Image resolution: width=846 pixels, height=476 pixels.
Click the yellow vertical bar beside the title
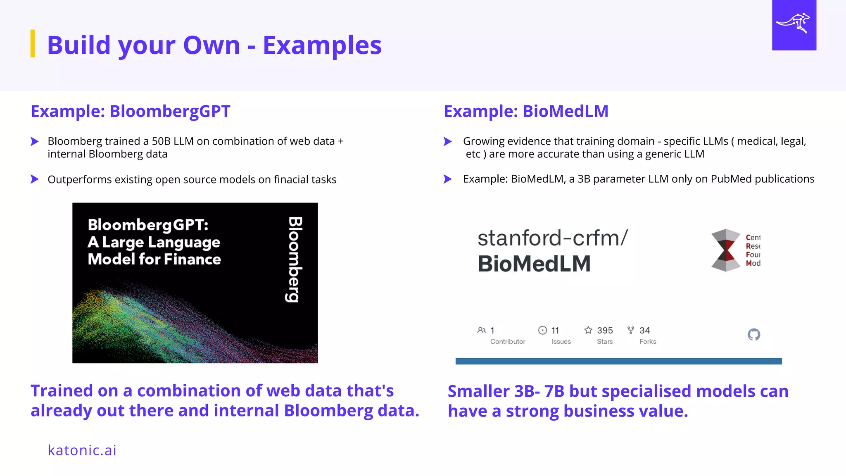click(x=33, y=43)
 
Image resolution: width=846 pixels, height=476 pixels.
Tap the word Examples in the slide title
click(x=322, y=45)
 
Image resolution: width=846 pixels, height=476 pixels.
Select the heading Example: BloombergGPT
click(x=131, y=112)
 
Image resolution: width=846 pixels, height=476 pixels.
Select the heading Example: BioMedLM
click(x=526, y=112)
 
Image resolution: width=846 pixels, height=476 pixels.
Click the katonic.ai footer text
click(x=82, y=450)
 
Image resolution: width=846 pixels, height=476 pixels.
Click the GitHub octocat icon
click(x=754, y=334)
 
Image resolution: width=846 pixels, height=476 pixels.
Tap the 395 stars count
click(x=605, y=331)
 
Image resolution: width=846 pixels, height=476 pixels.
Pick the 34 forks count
click(x=644, y=331)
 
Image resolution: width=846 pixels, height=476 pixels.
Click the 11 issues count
click(x=555, y=331)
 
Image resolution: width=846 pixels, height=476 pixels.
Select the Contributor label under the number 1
click(x=508, y=342)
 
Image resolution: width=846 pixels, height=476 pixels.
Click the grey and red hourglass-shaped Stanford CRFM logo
click(x=726, y=250)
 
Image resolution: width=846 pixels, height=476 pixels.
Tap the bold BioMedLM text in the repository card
click(x=534, y=264)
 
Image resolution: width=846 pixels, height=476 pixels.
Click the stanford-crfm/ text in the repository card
click(x=552, y=238)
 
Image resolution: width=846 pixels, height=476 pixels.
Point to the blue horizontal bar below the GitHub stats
click(x=618, y=361)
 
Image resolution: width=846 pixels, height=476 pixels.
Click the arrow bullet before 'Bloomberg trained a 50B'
click(x=35, y=142)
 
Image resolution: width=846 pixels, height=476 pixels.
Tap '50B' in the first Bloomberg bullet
click(x=161, y=141)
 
